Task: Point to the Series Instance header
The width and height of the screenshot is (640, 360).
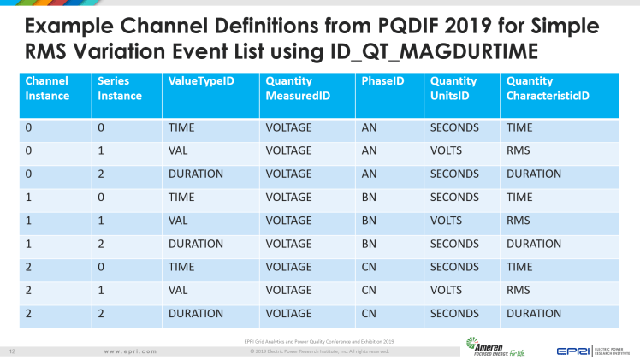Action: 119,89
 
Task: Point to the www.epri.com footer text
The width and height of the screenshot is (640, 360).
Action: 129,351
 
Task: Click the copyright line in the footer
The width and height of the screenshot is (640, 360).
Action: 319,351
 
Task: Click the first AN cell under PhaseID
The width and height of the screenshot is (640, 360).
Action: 368,127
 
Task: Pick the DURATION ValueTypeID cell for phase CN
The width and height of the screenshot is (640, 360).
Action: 196,313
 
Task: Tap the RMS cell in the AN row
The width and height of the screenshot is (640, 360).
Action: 519,150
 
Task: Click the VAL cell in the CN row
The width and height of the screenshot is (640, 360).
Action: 180,290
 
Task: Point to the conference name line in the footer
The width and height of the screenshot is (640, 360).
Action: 319,342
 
